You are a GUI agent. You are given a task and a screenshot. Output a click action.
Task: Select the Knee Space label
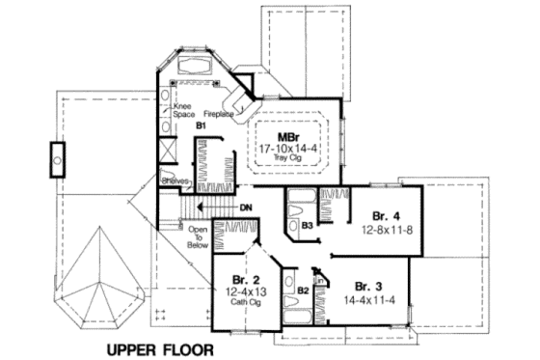click(x=183, y=109)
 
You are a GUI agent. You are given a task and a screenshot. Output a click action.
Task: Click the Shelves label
click(x=175, y=180)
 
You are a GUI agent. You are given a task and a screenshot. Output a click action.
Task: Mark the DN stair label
click(x=246, y=207)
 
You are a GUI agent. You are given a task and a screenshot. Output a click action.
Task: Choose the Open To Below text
click(x=198, y=237)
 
